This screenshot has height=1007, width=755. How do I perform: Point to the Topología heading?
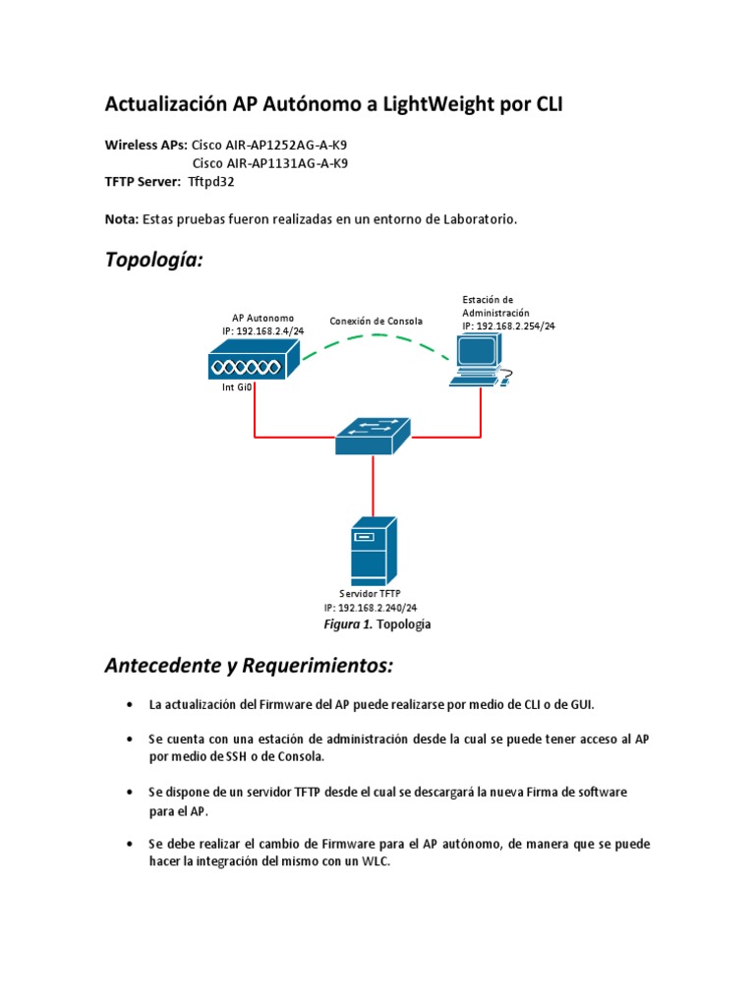click(x=154, y=261)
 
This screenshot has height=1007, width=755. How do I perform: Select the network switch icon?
click(x=373, y=436)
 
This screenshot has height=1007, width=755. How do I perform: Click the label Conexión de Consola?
click(x=377, y=322)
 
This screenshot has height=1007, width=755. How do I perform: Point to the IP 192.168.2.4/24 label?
click(x=262, y=332)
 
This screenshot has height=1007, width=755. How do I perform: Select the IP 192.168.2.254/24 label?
click(x=508, y=326)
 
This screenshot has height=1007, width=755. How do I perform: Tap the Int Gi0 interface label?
click(x=237, y=387)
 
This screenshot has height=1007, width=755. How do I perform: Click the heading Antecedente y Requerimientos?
click(x=249, y=667)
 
